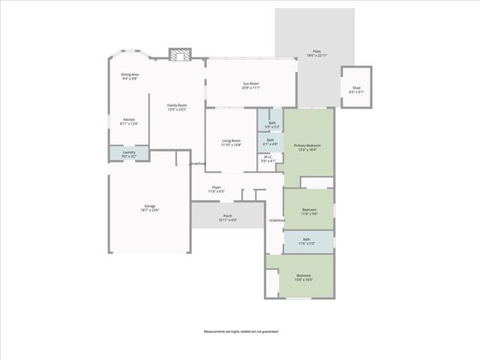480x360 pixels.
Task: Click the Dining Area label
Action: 130,76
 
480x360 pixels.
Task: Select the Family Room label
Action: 176,107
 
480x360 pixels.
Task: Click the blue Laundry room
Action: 129,154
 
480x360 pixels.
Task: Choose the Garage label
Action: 150,208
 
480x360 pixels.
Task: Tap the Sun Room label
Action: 250,85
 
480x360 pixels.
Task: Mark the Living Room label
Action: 231,142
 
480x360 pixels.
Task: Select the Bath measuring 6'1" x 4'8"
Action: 270,141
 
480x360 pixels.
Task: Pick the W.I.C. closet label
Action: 268,159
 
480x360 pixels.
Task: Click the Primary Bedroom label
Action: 307,147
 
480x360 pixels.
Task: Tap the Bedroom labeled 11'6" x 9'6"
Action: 308,211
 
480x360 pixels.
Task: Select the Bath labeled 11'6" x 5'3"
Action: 307,242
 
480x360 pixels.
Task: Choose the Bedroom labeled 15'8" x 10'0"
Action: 304,277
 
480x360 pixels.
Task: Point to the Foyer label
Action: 216,189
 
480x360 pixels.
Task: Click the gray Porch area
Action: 227,217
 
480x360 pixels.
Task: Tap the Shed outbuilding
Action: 355,90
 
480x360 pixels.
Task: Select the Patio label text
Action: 317,53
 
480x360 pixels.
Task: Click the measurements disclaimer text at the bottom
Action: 240,331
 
